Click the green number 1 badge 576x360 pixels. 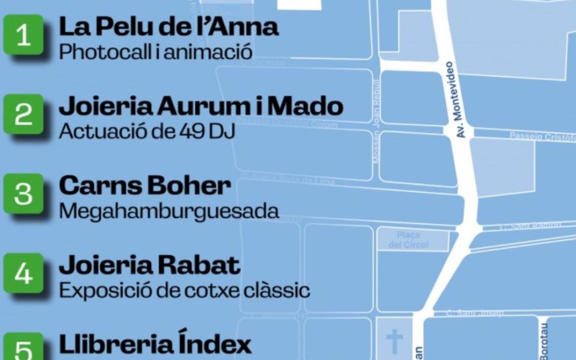tap(23, 35)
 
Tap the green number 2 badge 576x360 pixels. tap(23, 114)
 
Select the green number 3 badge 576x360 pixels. tap(23, 194)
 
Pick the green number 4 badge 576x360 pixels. tap(23, 273)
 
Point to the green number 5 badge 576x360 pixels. tap(23, 347)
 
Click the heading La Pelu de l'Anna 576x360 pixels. tap(169, 26)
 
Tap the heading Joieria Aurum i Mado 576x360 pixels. tap(201, 106)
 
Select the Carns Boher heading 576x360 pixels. tap(145, 185)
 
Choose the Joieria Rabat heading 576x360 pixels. tap(149, 265)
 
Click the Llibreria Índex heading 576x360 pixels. tap(156, 344)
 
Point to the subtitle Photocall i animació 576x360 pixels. tap(156, 52)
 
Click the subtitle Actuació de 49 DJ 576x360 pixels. tap(147, 131)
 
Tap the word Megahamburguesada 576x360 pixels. tap(169, 211)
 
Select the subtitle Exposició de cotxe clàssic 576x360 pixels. tap(184, 290)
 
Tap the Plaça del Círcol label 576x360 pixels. tap(412, 240)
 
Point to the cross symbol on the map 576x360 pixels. tap(395, 341)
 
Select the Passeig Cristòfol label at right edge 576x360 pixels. tap(542, 136)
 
